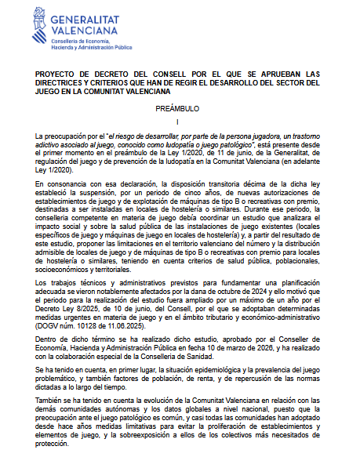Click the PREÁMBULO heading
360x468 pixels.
tap(179, 108)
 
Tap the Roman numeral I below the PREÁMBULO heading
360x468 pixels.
tap(179, 122)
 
